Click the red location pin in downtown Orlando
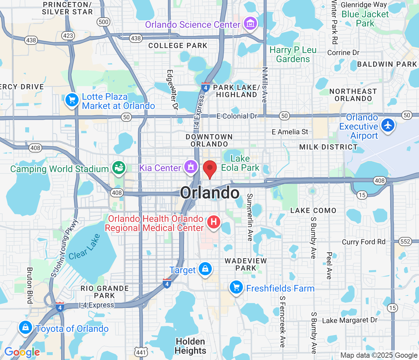210,169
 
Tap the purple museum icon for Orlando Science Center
250,23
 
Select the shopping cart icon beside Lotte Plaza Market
72,100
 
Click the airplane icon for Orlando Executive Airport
388,125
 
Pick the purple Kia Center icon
191,167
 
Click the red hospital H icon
213,222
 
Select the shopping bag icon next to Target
205,269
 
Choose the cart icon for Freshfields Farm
236,287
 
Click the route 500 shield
103,22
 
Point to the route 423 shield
68,35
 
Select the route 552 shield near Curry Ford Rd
405,242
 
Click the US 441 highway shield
141,352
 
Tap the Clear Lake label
84,247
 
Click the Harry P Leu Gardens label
293,54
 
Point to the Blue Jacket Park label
365,19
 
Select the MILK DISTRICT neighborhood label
328,147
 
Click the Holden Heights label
191,346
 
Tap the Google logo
22,352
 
